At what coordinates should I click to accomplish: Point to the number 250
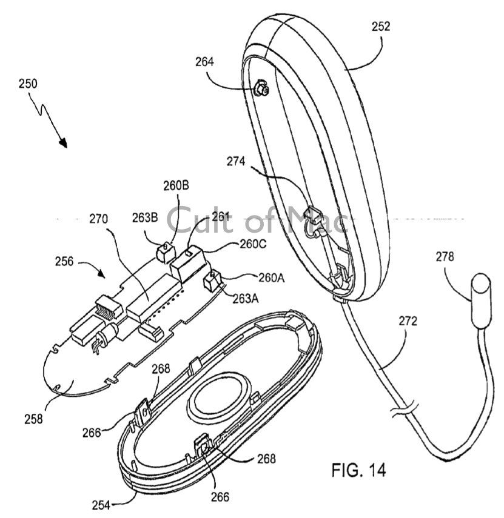[x=27, y=84]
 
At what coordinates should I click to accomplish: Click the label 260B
[x=175, y=185]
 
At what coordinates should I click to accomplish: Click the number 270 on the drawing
[x=99, y=220]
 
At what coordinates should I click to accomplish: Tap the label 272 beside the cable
[x=408, y=321]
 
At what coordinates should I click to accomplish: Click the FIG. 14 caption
[x=358, y=469]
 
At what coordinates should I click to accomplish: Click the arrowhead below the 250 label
[x=62, y=142]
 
